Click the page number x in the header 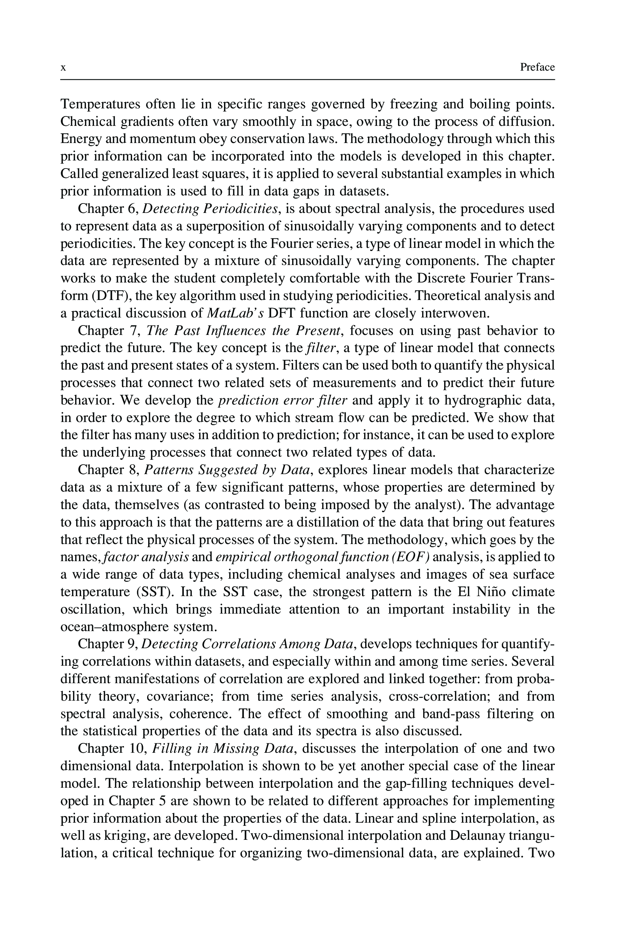(x=63, y=67)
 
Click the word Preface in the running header (x=537, y=67)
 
